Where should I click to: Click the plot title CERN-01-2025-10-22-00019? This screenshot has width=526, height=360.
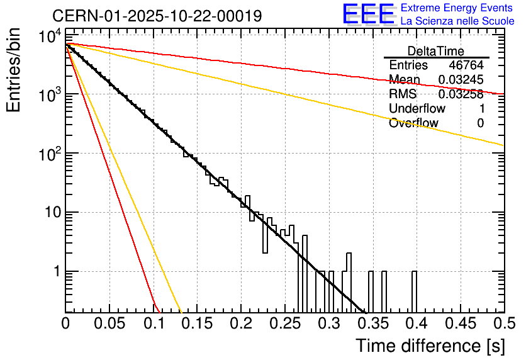click(x=157, y=16)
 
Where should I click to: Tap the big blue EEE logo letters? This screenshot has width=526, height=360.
click(x=368, y=14)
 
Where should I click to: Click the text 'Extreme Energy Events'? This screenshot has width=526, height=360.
click(x=457, y=8)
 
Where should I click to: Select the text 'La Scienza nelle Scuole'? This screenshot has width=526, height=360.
click(x=457, y=21)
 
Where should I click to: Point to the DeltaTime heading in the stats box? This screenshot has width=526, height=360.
click(x=436, y=51)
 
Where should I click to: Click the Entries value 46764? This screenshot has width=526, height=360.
click(x=466, y=65)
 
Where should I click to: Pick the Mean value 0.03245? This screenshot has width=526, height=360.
click(x=461, y=80)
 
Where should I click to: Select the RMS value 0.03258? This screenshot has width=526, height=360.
click(x=461, y=94)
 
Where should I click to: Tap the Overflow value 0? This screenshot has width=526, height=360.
click(x=480, y=123)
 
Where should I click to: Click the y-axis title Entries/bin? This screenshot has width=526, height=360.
click(x=14, y=71)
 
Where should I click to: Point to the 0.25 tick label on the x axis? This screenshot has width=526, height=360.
click(x=284, y=323)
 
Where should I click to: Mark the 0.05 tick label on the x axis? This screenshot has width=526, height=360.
click(x=109, y=323)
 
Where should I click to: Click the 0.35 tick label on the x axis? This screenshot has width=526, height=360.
click(x=372, y=323)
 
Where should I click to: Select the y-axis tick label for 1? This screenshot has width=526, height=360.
click(x=55, y=272)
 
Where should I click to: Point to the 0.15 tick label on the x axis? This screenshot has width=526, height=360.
click(x=197, y=323)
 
